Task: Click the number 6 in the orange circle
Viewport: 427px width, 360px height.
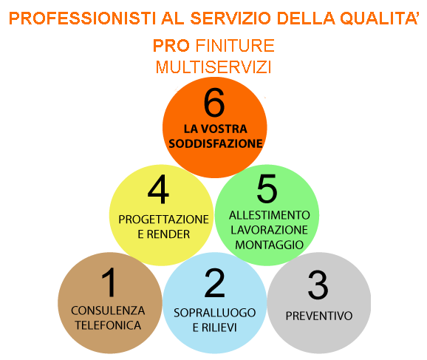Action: click(x=214, y=103)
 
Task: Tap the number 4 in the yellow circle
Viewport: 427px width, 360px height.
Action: click(x=158, y=189)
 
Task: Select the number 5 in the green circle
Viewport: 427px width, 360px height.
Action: click(x=267, y=189)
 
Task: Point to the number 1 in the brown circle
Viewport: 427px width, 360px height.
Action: click(x=109, y=282)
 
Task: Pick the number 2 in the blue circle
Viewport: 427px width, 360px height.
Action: click(x=214, y=282)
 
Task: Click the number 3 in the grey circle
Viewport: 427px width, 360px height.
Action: click(x=318, y=285)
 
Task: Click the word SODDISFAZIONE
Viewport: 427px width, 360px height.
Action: click(x=216, y=143)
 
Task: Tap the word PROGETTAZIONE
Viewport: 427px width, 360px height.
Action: click(x=164, y=220)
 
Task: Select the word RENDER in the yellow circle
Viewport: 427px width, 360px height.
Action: click(x=168, y=234)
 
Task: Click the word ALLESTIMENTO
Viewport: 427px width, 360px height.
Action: click(x=270, y=215)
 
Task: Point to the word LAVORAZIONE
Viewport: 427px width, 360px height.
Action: click(x=270, y=230)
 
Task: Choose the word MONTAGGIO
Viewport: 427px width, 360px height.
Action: click(x=270, y=245)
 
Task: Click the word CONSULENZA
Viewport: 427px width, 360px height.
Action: click(x=108, y=310)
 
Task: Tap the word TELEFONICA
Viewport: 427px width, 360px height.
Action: click(x=108, y=325)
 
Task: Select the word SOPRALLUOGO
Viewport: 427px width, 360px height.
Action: click(x=214, y=313)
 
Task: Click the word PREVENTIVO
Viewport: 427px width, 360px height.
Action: click(x=319, y=316)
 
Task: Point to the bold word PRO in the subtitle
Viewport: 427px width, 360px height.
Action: click(x=171, y=46)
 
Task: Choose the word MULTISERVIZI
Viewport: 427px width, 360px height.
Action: click(x=213, y=67)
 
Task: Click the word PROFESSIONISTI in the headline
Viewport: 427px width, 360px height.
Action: click(x=82, y=18)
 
